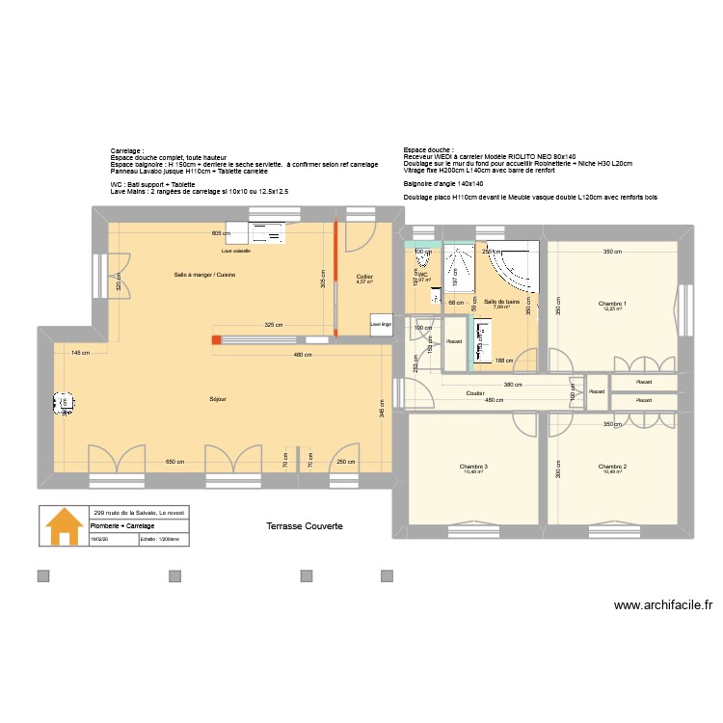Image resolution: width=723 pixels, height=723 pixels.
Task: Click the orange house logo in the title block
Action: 65,526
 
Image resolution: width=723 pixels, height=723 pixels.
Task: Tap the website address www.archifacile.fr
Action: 662,606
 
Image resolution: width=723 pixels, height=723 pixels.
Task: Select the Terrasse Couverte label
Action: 305,526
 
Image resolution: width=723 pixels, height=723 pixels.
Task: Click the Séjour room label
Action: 219,399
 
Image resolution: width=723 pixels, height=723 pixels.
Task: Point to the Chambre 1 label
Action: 612,305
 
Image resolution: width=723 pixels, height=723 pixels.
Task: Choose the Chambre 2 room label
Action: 612,467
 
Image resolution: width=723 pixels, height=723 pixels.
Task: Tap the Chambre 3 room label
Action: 474,467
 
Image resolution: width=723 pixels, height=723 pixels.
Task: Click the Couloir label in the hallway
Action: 475,393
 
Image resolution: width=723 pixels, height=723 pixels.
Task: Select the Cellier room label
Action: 363,277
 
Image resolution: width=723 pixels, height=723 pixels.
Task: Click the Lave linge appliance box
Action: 381,325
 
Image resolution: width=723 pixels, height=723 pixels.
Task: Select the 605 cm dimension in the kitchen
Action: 222,233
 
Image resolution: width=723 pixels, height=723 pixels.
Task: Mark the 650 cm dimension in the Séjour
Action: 174,461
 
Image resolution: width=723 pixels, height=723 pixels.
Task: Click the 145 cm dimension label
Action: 80,352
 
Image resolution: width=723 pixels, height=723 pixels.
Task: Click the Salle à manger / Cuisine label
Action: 204,276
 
